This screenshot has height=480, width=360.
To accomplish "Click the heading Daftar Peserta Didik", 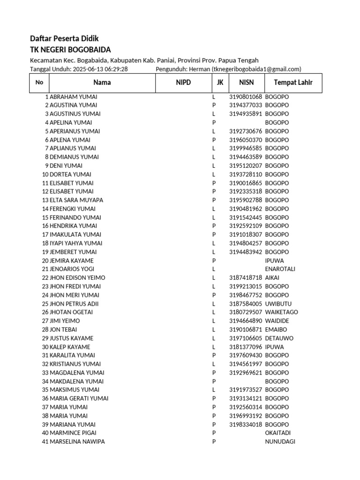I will click(x=64, y=38).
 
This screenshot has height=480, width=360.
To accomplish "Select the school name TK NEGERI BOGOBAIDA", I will click(x=70, y=50).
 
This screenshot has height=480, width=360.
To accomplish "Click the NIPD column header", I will click(x=183, y=83).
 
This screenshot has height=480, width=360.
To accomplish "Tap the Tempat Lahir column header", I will click(x=293, y=83).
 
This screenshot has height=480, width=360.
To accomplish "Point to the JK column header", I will click(x=220, y=83).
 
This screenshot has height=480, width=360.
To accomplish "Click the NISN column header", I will click(x=246, y=83).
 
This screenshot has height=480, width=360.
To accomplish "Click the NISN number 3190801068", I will click(x=246, y=97).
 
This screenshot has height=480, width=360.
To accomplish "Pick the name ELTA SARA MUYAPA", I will click(x=76, y=200).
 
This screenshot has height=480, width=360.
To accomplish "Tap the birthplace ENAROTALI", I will click(x=280, y=269).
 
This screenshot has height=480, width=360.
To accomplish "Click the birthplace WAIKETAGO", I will click(x=281, y=312).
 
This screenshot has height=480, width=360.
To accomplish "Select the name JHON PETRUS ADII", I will click(x=74, y=304).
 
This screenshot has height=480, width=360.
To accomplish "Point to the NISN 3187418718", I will click(x=246, y=277).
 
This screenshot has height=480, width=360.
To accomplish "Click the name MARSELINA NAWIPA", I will click(x=77, y=442).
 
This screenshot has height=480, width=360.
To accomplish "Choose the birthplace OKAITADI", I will click(x=279, y=433).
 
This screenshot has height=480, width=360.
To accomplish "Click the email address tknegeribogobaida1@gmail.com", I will click(x=256, y=69).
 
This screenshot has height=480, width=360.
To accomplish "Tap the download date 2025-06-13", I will click(x=87, y=69).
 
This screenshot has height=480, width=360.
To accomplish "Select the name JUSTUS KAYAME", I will click(x=71, y=338).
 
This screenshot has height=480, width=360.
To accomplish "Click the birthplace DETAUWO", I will click(x=279, y=338).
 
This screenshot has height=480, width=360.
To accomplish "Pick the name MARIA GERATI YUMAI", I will click(x=79, y=398).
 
